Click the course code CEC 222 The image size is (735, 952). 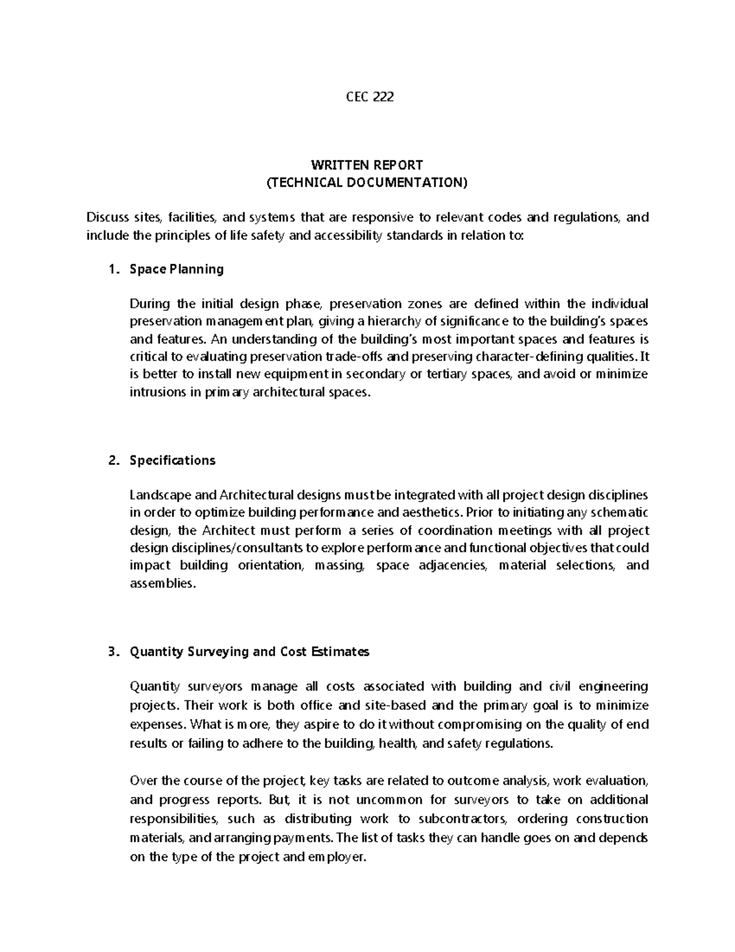pos(367,96)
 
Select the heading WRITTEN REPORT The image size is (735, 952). pos(367,165)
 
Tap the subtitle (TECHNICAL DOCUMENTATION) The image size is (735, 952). pos(367,182)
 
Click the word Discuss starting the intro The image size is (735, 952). pos(107,217)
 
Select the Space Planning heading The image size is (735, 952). pos(176,269)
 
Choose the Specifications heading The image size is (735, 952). pos(172,460)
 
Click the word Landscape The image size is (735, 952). pos(155,495)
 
